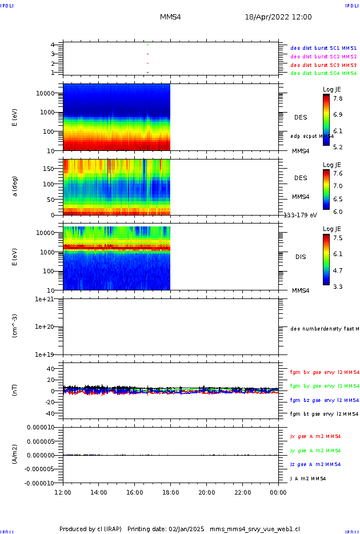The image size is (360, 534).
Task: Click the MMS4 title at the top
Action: tap(170, 17)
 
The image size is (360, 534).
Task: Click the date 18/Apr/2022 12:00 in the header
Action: tap(278, 17)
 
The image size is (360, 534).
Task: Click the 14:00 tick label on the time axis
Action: tap(99, 492)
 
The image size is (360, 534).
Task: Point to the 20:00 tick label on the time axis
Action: tap(206, 492)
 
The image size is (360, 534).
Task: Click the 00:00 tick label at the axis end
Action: tap(278, 492)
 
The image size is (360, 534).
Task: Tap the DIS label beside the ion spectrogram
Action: tap(301, 257)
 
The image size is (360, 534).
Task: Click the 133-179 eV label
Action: tap(301, 215)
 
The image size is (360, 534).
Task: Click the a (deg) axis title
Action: tap(16, 186)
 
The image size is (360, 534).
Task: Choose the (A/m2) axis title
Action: tap(16, 455)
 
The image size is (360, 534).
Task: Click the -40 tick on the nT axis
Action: tap(50, 413)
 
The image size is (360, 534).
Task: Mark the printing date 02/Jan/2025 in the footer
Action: tap(186, 529)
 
